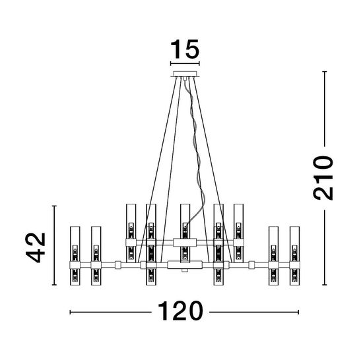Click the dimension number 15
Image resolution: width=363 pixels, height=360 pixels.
point(185,49)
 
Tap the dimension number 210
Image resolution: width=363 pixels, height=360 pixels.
point(323,178)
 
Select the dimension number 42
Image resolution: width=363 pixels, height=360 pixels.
point(36,248)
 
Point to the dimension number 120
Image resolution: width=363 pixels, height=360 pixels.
point(180,311)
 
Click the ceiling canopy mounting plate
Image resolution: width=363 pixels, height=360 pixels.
point(185,74)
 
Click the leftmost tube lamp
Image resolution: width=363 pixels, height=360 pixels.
point(75,256)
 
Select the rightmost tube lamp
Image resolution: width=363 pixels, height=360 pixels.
point(294,256)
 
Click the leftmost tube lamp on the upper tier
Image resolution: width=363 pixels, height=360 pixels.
point(131,233)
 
